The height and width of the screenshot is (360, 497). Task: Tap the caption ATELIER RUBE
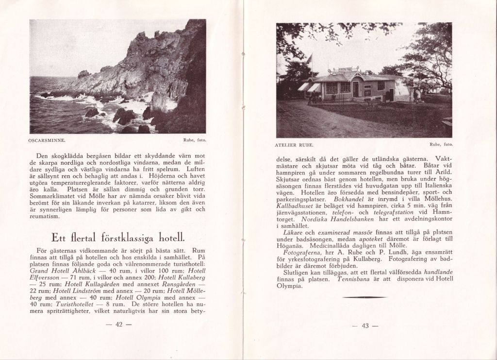(x=295, y=145)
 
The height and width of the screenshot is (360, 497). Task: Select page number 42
(x=118, y=325)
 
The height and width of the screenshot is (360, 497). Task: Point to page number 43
(x=364, y=326)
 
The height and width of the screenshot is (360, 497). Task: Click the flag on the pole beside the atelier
(x=309, y=59)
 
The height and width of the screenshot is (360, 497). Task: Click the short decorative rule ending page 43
(x=364, y=296)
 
